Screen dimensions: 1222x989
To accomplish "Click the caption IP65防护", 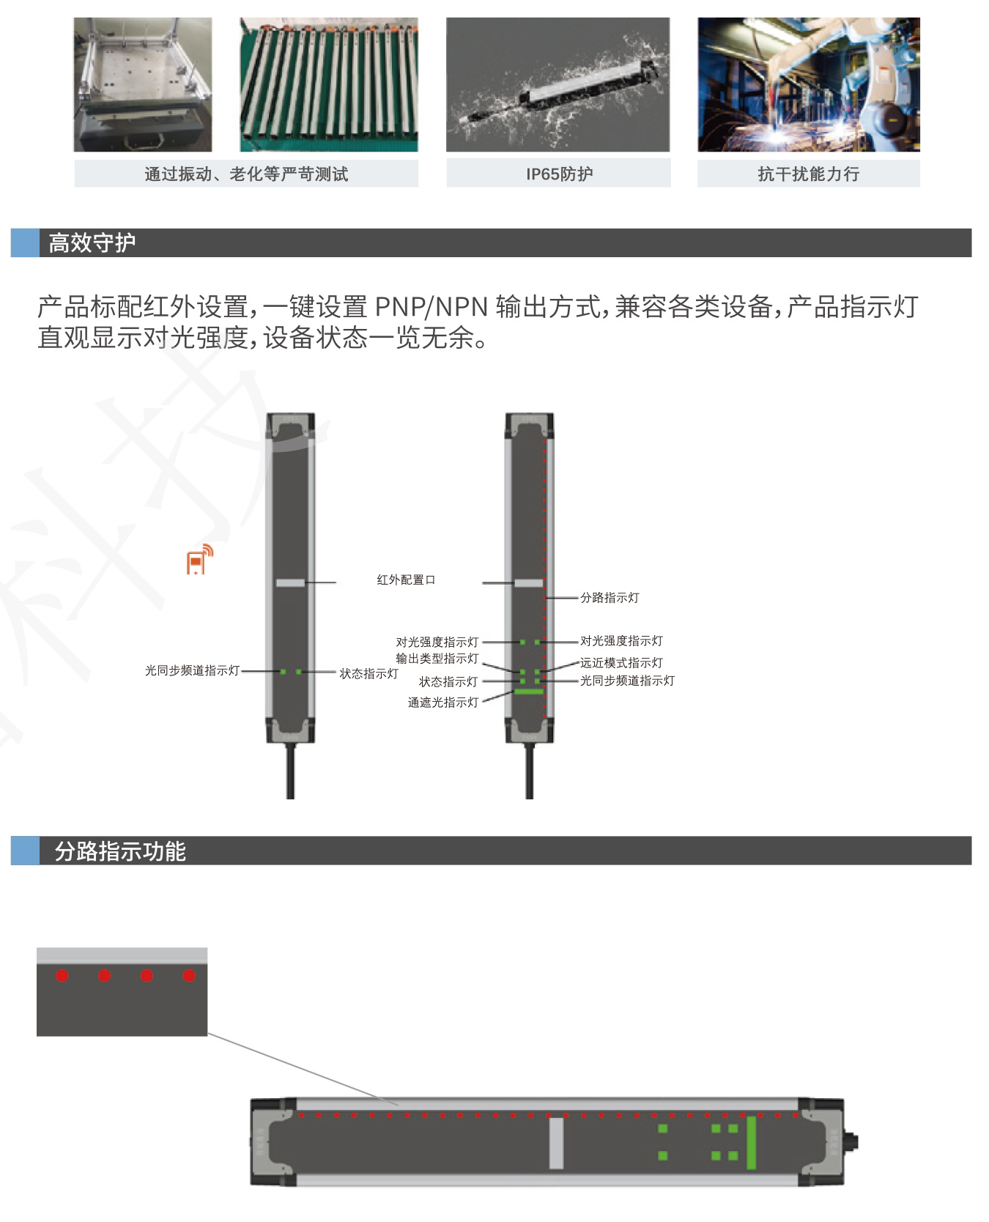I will click(559, 174).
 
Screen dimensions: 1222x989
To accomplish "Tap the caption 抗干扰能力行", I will click(808, 174).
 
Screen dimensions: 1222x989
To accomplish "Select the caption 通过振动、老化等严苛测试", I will click(246, 174).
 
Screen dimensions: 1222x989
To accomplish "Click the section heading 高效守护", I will click(92, 243).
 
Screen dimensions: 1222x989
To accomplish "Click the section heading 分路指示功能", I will click(120, 851).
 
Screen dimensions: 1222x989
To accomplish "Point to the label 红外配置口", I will click(406, 580).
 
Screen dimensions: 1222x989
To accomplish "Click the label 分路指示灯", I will click(610, 598).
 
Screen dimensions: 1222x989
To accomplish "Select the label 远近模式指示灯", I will click(621, 663).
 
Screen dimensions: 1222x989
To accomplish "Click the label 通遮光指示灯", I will click(443, 703).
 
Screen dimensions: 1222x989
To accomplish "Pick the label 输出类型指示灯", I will click(437, 659).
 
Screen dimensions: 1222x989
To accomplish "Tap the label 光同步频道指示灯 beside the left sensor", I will click(192, 670).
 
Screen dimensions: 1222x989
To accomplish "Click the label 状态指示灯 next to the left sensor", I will click(368, 674).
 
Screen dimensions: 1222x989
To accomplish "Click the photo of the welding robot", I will click(808, 85).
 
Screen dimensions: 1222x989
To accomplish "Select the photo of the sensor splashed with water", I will click(558, 85).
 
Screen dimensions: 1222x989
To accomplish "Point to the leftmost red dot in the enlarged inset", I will click(62, 976).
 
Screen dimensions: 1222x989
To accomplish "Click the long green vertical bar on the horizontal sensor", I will click(751, 1143).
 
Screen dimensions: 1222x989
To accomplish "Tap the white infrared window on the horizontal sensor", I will click(556, 1143).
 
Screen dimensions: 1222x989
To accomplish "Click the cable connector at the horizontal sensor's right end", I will click(851, 1141).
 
